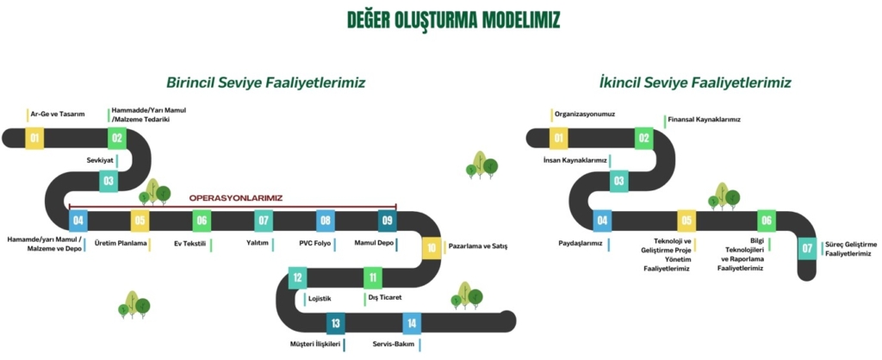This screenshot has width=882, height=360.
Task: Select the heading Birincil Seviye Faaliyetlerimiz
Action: [x=266, y=83]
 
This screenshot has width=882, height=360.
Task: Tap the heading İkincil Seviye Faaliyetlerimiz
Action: [x=695, y=83]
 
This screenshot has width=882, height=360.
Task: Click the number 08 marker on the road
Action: [x=325, y=220]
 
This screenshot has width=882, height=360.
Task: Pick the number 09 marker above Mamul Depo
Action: [x=388, y=220]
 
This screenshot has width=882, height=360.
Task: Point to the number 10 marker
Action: [x=431, y=247]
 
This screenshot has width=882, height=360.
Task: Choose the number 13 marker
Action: [x=335, y=323]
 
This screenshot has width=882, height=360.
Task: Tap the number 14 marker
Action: [x=412, y=323]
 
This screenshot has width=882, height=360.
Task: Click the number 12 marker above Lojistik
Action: [x=297, y=277]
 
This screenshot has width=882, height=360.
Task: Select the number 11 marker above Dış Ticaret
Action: [x=372, y=277]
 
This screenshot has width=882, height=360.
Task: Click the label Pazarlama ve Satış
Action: [x=478, y=246]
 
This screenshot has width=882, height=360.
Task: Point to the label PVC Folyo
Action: [x=316, y=244]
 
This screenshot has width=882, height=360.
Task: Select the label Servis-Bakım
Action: [x=395, y=344]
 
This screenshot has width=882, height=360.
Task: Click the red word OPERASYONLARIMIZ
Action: [x=236, y=197]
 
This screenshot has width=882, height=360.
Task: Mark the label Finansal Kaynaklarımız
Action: [x=705, y=119]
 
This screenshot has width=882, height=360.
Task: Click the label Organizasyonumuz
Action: [x=585, y=113]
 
